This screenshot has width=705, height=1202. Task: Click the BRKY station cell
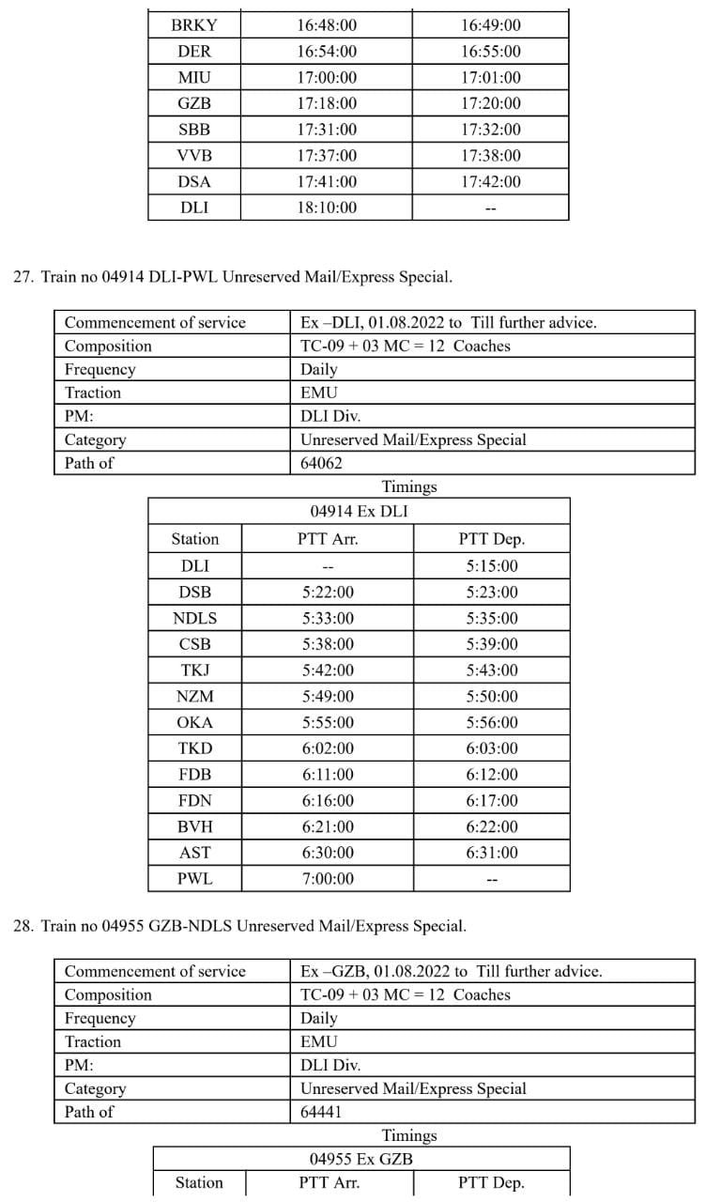point(194,25)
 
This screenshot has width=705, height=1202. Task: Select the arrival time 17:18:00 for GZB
point(327,103)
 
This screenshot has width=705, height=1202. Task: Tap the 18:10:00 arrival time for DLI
point(327,208)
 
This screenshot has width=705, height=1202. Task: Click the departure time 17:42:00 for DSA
point(490,182)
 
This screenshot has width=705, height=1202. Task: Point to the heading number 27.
point(23,277)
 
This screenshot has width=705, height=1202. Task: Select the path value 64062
point(321,463)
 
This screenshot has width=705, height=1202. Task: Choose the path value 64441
point(321,1112)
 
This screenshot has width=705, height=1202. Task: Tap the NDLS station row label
point(194,618)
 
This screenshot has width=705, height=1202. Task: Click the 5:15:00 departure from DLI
point(490,566)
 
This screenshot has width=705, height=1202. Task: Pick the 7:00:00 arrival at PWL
point(327,879)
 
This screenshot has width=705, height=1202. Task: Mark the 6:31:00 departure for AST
point(490,853)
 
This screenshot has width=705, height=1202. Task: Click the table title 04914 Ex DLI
point(359,512)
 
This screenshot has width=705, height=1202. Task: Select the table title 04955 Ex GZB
point(360,1159)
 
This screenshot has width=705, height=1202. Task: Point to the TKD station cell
point(194,748)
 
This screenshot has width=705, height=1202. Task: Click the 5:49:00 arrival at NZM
point(327,696)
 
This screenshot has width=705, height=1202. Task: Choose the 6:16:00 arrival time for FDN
point(327,800)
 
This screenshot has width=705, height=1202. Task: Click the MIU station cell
point(194,78)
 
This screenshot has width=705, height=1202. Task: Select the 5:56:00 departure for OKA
point(490,722)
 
